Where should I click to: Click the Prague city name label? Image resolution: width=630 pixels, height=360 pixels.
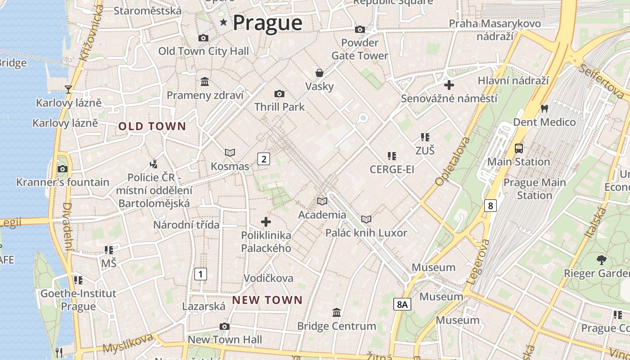(x=267, y=22)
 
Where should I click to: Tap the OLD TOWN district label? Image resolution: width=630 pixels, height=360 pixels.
(x=152, y=126)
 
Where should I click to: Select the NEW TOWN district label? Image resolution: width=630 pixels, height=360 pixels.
(x=267, y=300)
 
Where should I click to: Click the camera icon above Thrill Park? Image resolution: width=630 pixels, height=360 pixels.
(x=279, y=94)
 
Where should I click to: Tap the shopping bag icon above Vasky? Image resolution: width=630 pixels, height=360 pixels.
(x=319, y=73)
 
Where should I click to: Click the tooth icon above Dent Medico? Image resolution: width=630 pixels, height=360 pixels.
(x=544, y=108)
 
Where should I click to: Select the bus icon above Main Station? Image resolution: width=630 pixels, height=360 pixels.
(x=519, y=148)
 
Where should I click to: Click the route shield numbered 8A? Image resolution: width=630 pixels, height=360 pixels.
(x=402, y=305)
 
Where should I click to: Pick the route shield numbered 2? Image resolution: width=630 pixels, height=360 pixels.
(x=264, y=158)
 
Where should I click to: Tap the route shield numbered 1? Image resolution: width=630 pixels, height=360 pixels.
(x=201, y=274)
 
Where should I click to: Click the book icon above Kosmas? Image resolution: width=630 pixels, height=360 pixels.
(x=230, y=153)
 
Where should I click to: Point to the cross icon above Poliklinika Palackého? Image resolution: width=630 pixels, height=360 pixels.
(x=266, y=221)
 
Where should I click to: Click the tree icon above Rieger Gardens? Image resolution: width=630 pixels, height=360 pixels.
(x=601, y=260)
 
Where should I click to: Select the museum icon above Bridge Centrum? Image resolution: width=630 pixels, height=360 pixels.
(x=336, y=312)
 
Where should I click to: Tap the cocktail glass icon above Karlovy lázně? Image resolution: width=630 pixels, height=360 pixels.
(x=68, y=89)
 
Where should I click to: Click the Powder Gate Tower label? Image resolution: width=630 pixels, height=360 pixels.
(x=360, y=49)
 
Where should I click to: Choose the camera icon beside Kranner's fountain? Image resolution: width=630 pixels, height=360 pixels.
(x=63, y=169)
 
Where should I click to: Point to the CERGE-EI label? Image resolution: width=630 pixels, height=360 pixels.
(x=391, y=169)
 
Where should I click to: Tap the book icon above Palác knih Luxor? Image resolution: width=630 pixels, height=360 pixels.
(x=366, y=219)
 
